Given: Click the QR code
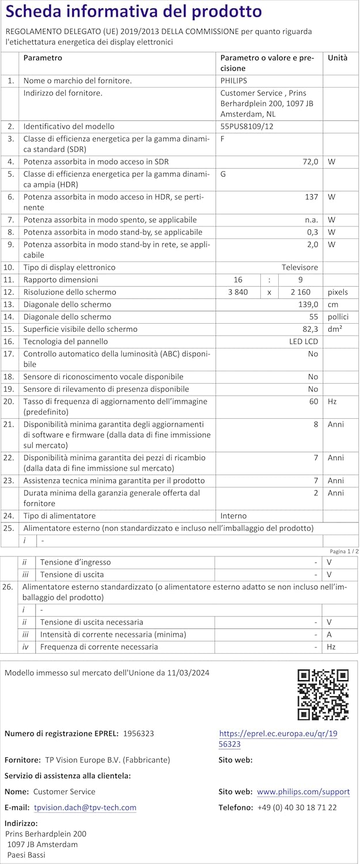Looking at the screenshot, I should click(323, 695).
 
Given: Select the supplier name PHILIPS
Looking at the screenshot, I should click(233, 81).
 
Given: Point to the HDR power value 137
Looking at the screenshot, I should click(312, 197).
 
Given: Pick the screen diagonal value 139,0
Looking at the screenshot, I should click(308, 304).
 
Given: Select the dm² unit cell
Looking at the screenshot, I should click(335, 329).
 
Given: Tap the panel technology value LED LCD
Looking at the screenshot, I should click(304, 342).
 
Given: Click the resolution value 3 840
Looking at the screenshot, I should click(238, 292).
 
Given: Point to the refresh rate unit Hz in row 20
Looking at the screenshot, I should click(332, 401).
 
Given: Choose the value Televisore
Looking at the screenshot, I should click(300, 267).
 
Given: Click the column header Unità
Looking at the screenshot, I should click(338, 58).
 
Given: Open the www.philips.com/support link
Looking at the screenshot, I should click(303, 792).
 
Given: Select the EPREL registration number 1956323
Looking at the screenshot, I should click(138, 733).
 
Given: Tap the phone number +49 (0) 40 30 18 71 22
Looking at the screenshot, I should click(297, 808).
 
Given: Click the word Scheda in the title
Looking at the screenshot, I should click(34, 12).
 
